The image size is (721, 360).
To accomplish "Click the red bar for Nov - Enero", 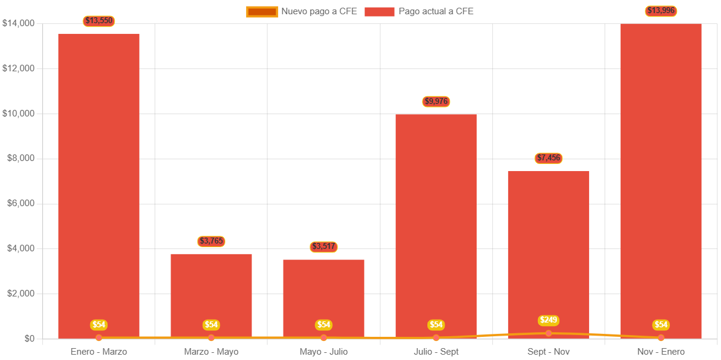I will coord(661,178).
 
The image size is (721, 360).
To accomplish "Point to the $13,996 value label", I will coord(661,11).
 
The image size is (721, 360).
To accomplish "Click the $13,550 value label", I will coord(99,21).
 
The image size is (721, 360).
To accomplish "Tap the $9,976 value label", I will coord(436,102).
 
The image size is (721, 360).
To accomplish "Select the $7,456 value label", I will coord(548,158).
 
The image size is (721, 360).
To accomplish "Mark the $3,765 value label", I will coord(211,241).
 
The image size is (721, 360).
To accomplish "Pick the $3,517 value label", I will coord(323,247).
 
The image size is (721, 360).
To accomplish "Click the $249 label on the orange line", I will coord(548,320).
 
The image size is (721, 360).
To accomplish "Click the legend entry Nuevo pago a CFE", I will coord(302,11).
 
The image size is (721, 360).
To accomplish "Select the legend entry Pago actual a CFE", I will coord(419,11).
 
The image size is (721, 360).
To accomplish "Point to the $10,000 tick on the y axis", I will coord(18,113).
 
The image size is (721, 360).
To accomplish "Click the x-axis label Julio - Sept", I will coord(436,352).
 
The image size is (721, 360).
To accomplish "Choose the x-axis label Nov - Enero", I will coord(661,352).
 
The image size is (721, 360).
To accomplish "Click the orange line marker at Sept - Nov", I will coord(548,333).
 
